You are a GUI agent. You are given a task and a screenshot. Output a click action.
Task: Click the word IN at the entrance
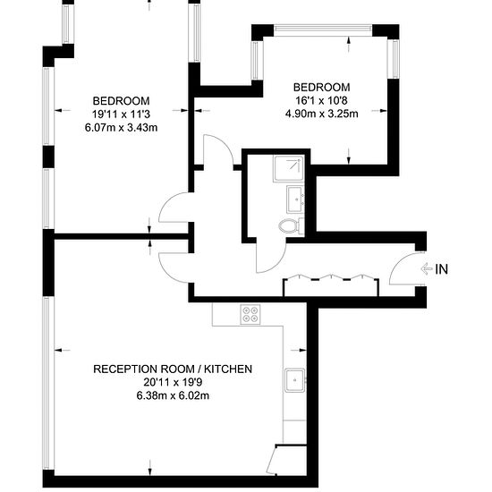pyautogui.click(x=442, y=269)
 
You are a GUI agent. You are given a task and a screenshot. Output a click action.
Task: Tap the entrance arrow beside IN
pyautogui.click(x=427, y=269)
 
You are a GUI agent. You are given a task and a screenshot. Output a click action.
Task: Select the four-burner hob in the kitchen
pyautogui.click(x=250, y=314)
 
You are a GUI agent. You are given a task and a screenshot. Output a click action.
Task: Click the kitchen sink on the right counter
pyautogui.click(x=294, y=380)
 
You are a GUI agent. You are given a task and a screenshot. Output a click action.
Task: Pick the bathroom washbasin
pyautogui.click(x=295, y=199)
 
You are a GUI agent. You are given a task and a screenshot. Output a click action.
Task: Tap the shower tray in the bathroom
pyautogui.click(x=289, y=168)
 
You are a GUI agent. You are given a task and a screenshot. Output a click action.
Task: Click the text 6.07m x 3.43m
pyautogui.click(x=121, y=128)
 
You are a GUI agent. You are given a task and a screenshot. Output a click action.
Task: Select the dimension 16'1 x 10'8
pyautogui.click(x=322, y=100)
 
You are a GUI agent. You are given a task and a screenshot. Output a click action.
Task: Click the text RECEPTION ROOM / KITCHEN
pyautogui.click(x=173, y=369)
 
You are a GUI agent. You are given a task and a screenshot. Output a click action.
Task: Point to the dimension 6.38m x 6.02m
pyautogui.click(x=173, y=395)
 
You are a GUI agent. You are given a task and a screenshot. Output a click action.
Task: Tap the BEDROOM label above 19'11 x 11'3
pyautogui.click(x=121, y=101)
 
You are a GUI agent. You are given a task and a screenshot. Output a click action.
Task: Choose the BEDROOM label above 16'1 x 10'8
pyautogui.click(x=322, y=87)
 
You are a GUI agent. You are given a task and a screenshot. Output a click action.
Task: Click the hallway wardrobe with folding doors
pyautogui.click(x=331, y=285)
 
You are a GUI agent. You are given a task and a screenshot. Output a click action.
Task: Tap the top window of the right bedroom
pyautogui.click(x=323, y=29)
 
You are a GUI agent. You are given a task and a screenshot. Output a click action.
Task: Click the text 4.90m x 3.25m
pyautogui.click(x=322, y=114)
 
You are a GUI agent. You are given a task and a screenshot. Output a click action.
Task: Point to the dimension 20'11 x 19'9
pyautogui.click(x=173, y=383)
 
